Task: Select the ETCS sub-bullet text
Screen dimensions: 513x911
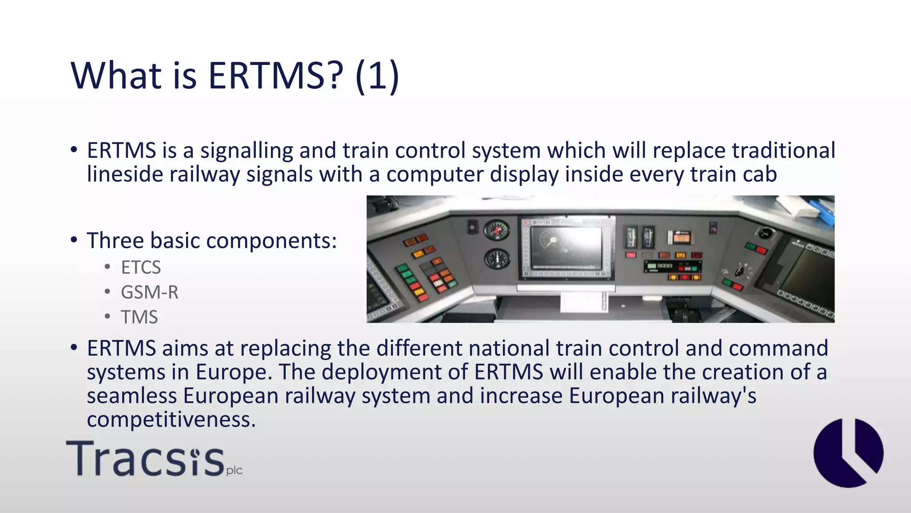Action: (141, 268)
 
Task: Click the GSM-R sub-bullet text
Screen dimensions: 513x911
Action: (149, 293)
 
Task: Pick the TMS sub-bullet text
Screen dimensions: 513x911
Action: (139, 318)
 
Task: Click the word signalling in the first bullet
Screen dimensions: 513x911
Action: (246, 151)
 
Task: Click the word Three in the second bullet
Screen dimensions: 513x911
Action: (115, 240)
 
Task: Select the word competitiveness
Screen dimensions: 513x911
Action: (171, 419)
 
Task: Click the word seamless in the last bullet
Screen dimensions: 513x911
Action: (132, 396)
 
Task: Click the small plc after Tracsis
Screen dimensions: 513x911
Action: (234, 470)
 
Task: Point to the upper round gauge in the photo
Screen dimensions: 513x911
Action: (497, 230)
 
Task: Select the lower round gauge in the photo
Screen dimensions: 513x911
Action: (497, 259)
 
